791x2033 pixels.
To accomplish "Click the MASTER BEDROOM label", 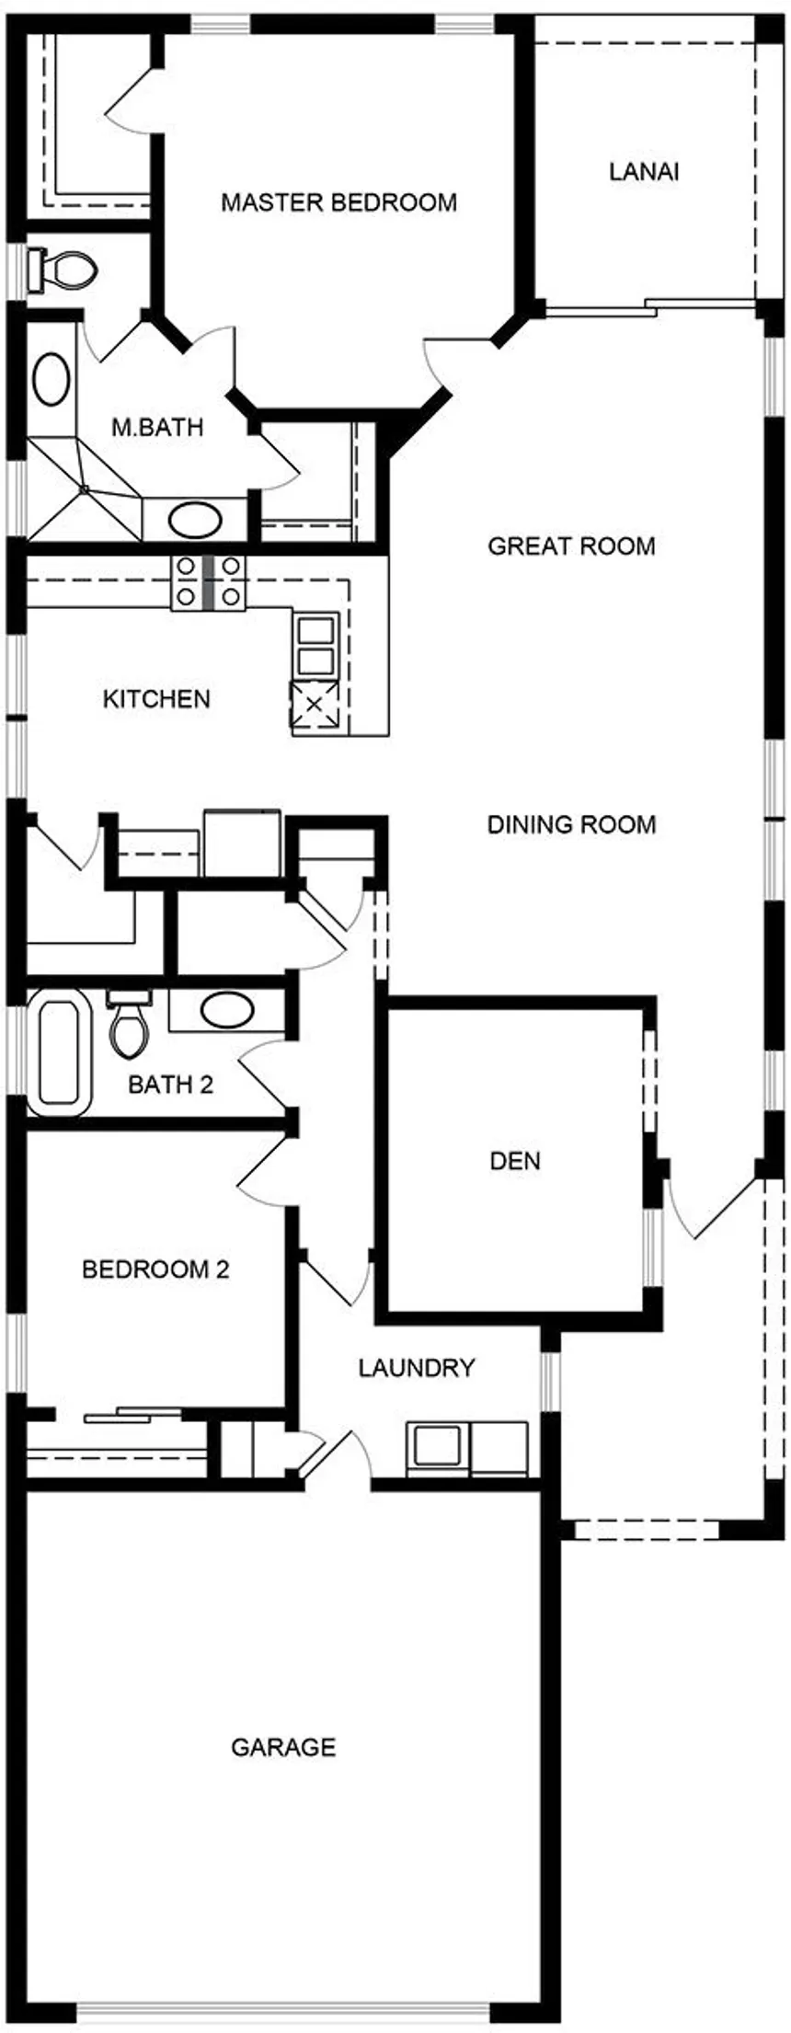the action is click(x=338, y=202).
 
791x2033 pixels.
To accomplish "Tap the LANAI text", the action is click(x=644, y=172).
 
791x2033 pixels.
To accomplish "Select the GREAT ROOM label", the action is click(x=571, y=546).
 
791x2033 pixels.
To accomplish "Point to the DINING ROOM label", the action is click(x=571, y=824).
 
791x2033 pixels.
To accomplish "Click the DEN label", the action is click(x=515, y=1161).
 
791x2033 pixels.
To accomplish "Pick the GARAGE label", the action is click(x=283, y=1747).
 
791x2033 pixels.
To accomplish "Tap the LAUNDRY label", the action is click(x=417, y=1368).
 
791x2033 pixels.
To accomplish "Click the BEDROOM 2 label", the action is click(x=155, y=1270).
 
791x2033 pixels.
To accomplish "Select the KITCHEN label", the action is click(x=156, y=699).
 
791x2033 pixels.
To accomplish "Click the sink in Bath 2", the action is click(x=227, y=1011).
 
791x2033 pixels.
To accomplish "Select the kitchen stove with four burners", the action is click(x=209, y=582).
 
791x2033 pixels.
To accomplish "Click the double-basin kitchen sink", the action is click(x=315, y=646).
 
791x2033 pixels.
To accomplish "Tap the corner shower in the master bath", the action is click(x=85, y=488).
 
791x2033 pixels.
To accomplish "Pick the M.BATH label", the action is click(x=157, y=428).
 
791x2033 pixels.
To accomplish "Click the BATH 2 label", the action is click(x=171, y=1085).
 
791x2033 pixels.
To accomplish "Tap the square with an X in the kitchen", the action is click(x=315, y=705).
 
